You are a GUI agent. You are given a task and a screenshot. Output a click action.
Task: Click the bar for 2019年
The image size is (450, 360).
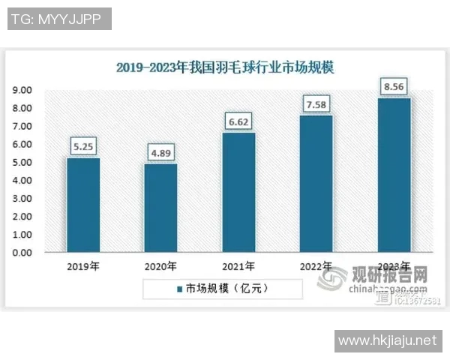tap(82, 205)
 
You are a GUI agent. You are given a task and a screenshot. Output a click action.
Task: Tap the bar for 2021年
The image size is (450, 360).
tap(238, 193)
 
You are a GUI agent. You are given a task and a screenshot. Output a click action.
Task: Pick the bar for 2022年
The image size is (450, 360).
tap(316, 184)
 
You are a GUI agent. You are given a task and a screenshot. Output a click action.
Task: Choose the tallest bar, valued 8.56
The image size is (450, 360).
tap(394, 175)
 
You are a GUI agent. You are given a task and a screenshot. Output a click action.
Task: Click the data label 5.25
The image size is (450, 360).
tap(82, 148)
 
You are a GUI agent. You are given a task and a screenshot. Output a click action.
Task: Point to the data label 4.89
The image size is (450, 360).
tap(160, 154)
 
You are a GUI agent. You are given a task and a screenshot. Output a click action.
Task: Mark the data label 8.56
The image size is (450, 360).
tap(394, 88)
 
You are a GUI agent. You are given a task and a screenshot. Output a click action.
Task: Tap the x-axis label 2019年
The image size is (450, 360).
tap(82, 266)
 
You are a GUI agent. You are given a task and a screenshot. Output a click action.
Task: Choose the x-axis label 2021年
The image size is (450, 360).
tap(238, 266)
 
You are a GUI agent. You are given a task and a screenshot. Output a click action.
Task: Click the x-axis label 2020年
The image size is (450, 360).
tap(160, 266)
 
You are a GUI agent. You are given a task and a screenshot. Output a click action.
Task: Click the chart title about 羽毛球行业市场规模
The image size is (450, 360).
tap(225, 67)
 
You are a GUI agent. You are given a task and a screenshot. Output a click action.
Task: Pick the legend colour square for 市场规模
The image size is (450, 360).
tap(180, 288)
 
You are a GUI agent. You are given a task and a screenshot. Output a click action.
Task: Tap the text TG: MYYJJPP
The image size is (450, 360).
tap(58, 19)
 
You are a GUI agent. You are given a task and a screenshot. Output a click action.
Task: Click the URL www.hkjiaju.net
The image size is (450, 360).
tap(386, 340)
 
